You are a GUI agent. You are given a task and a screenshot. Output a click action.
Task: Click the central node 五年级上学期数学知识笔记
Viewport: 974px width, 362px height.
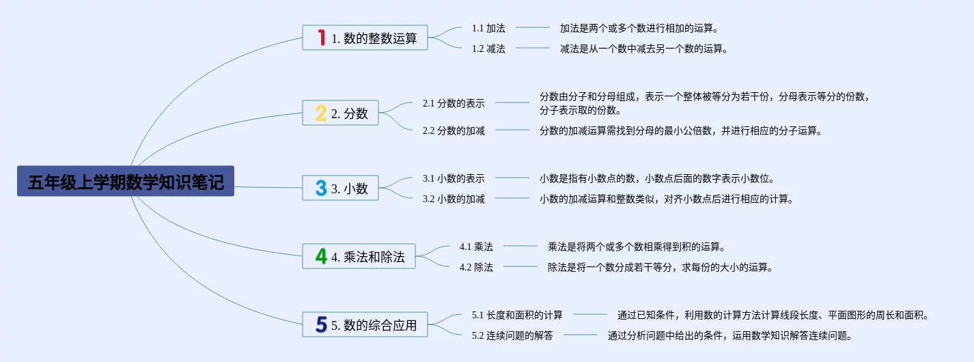click(126, 182)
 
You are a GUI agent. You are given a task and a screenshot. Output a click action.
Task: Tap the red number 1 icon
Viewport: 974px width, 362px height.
click(321, 38)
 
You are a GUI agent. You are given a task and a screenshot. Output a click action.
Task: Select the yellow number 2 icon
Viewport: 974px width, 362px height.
click(321, 113)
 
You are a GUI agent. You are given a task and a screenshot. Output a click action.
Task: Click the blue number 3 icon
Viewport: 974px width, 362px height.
click(321, 188)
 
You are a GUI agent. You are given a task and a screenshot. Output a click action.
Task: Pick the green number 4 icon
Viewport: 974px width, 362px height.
click(321, 256)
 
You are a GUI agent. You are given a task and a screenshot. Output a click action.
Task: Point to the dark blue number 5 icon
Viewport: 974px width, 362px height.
click(321, 324)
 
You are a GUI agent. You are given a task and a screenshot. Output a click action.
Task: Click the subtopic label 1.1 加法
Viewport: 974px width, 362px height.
click(488, 28)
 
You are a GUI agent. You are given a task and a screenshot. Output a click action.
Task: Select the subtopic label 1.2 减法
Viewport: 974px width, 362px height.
click(488, 48)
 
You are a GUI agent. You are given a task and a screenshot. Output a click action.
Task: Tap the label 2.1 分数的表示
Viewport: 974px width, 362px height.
click(454, 103)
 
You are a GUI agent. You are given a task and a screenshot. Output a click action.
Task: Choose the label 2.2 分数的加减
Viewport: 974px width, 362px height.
click(454, 130)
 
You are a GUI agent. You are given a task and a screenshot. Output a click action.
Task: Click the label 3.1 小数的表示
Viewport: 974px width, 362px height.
click(454, 178)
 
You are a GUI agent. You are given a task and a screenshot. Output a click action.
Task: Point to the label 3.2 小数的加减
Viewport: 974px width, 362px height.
click(454, 199)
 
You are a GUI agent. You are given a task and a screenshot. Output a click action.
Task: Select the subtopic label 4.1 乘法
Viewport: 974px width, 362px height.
click(476, 247)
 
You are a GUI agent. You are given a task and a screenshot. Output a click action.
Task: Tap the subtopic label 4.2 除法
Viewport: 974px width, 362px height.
click(476, 267)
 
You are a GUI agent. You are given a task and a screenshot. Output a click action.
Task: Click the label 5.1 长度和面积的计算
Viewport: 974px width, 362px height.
click(517, 315)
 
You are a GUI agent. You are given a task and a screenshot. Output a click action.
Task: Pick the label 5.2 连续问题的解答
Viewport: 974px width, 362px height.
click(512, 335)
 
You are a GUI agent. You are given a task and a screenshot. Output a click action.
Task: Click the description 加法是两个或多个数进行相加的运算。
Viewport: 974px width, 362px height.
click(639, 28)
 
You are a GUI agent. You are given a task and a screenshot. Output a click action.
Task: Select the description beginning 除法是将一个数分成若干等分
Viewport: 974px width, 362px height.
click(660, 267)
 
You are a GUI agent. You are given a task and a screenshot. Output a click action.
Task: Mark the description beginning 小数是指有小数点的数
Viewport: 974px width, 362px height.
click(656, 178)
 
